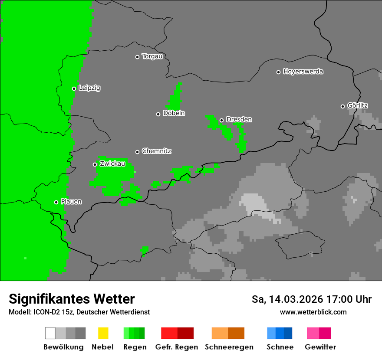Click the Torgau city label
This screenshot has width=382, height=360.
pyautogui.click(x=152, y=56)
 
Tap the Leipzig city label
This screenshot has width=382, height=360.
pyautogui.click(x=89, y=88)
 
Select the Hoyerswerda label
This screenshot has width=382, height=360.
pyautogui.click(x=303, y=72)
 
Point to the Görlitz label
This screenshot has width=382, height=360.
pyautogui.click(x=358, y=105)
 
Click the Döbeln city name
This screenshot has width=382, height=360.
pyautogui.click(x=174, y=113)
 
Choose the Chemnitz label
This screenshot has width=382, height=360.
pyautogui.click(x=156, y=151)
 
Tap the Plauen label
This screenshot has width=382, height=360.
pyautogui.click(x=71, y=202)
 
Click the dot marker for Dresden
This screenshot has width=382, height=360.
pyautogui.click(x=221, y=120)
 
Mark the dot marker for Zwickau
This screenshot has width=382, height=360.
pyautogui.click(x=95, y=164)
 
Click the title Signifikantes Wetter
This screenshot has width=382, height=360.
pyautogui.click(x=72, y=299)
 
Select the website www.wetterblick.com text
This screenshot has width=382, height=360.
pyautogui.click(x=313, y=312)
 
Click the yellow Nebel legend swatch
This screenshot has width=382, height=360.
pyautogui.click(x=103, y=333)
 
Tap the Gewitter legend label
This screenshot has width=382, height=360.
pyautogui.click(x=320, y=347)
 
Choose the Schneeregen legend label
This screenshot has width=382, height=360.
pyautogui.click(x=229, y=347)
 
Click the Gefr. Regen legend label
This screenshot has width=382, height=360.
pyautogui.click(x=177, y=347)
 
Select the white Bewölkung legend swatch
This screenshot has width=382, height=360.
pyautogui.click(x=50, y=333)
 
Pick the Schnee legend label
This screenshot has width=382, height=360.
pyautogui.click(x=280, y=347)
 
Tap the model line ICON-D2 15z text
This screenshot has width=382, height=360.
pyautogui.click(x=79, y=312)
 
